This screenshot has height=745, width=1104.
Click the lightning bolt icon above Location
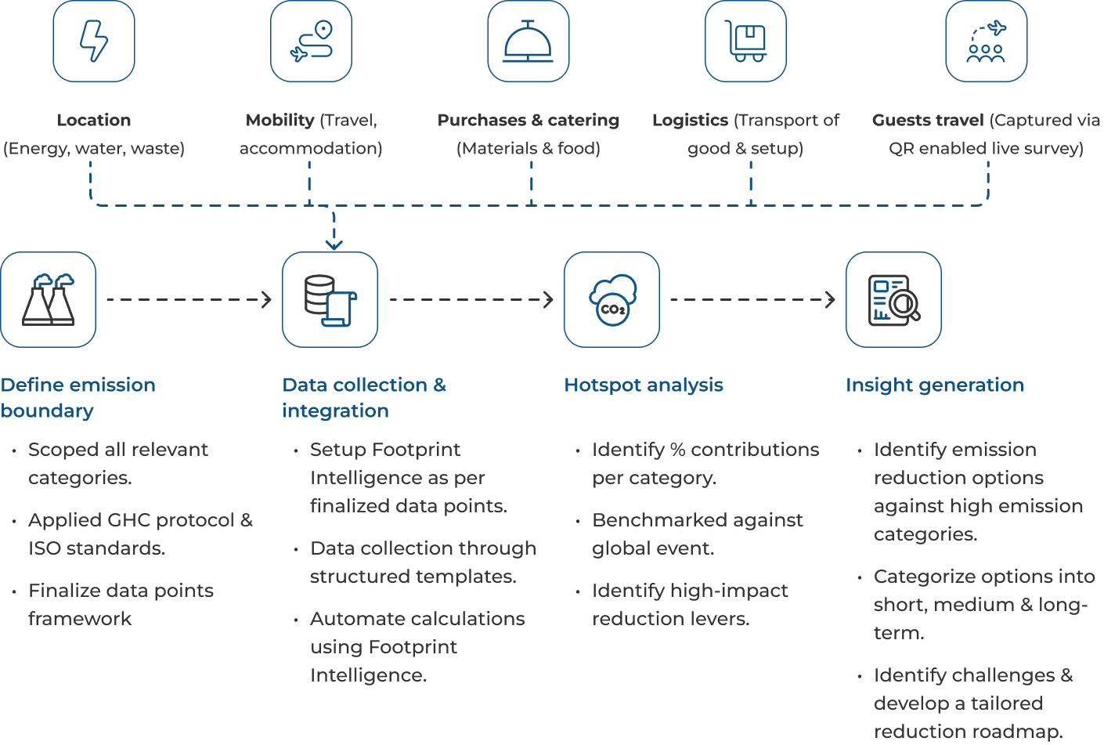(x=94, y=42)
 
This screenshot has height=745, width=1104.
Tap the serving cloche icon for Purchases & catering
(x=529, y=42)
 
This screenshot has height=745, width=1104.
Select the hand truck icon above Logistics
(x=745, y=42)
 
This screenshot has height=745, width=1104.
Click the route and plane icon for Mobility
(x=311, y=42)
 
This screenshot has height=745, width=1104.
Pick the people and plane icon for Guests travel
(x=986, y=42)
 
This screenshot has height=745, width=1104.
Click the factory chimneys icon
(x=49, y=299)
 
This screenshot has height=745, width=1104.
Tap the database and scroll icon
(x=330, y=299)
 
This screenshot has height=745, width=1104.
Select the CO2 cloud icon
(x=612, y=299)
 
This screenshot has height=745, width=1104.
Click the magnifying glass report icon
(x=893, y=299)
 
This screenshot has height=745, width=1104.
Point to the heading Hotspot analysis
(x=644, y=385)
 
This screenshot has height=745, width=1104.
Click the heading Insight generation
(x=935, y=385)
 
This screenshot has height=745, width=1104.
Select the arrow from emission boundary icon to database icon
(x=189, y=299)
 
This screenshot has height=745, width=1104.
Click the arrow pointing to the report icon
(x=752, y=299)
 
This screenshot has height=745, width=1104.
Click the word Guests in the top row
(x=899, y=121)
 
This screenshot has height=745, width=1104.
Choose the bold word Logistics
(x=690, y=121)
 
